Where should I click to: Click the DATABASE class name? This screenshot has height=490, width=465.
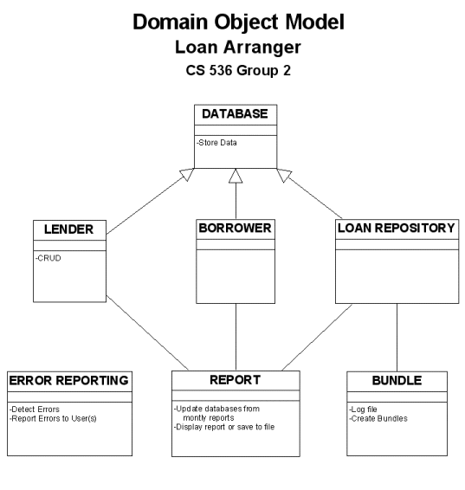[x=235, y=113]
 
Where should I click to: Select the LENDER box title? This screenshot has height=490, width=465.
[x=68, y=229]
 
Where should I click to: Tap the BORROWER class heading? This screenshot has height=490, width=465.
[x=235, y=229]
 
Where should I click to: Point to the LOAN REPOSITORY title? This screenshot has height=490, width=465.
[x=397, y=229]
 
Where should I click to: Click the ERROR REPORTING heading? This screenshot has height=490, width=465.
[x=68, y=381]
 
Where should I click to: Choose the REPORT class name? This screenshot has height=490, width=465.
[x=235, y=380]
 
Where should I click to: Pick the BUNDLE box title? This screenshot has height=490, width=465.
[x=397, y=381]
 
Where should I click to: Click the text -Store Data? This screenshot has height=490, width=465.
[x=216, y=143]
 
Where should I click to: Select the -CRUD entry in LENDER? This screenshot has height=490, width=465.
[x=48, y=258]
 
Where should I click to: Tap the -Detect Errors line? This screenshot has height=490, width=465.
[x=35, y=409]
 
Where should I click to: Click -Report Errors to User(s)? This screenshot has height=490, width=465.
[x=53, y=418]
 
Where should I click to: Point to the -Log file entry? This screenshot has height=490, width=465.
[x=363, y=409]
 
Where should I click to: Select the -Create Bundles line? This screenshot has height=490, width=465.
[x=378, y=418]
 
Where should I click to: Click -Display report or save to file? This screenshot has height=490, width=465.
[x=224, y=427]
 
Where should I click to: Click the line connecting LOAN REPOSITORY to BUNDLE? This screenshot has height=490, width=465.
[x=397, y=338]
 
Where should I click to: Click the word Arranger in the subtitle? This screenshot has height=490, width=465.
[x=262, y=48]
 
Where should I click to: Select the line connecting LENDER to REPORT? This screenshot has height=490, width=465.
[x=147, y=332]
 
